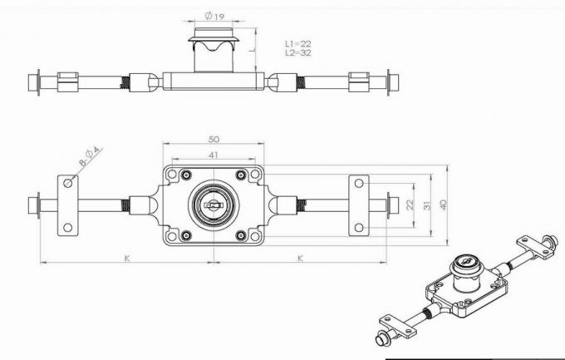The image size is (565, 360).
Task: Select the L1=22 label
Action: coord(297,42)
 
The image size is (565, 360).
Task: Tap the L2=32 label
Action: coord(297,52)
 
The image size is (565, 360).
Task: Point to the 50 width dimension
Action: coord(214,139)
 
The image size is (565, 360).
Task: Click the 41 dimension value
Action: coord(214,155)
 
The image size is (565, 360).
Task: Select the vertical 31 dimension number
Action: coord(426,205)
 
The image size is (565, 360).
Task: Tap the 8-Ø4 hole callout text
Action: coord(90,157)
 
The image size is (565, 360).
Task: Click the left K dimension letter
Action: coord(127,258)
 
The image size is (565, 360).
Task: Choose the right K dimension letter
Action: coord(300,258)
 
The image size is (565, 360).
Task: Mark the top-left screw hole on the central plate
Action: coord(184,175)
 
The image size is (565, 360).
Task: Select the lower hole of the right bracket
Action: coord(358,226)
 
